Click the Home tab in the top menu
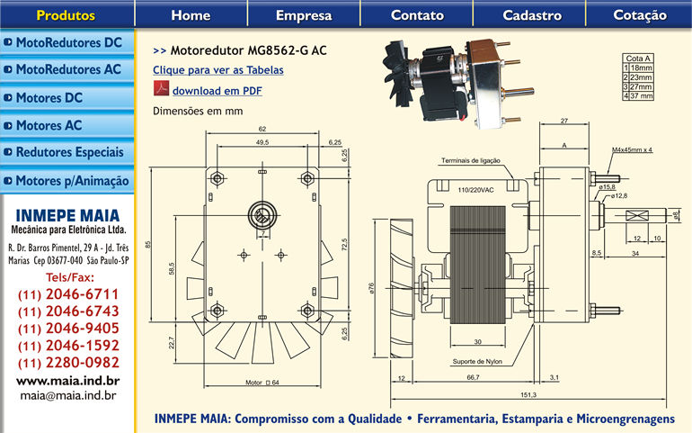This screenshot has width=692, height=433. [191, 14]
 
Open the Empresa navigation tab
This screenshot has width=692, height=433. [304, 14]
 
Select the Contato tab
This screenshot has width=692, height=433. [417, 14]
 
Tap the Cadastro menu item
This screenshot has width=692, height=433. [532, 14]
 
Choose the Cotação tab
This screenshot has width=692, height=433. [640, 14]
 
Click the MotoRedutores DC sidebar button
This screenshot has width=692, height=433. [68, 42]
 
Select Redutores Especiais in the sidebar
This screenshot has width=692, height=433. [68, 153]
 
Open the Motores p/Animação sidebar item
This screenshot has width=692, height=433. [68, 181]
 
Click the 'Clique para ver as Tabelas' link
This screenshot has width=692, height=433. [218, 69]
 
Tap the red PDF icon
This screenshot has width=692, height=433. [161, 90]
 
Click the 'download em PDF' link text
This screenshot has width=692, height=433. [217, 91]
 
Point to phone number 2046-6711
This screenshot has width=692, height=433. [68, 294]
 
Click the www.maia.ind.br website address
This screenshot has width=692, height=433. [68, 381]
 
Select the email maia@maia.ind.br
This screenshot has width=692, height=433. [68, 394]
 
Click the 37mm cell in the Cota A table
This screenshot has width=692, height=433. [641, 95]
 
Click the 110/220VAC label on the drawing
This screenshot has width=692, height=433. [475, 190]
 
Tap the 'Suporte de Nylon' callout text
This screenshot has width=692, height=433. [476, 363]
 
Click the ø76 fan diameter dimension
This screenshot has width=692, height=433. [371, 288]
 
